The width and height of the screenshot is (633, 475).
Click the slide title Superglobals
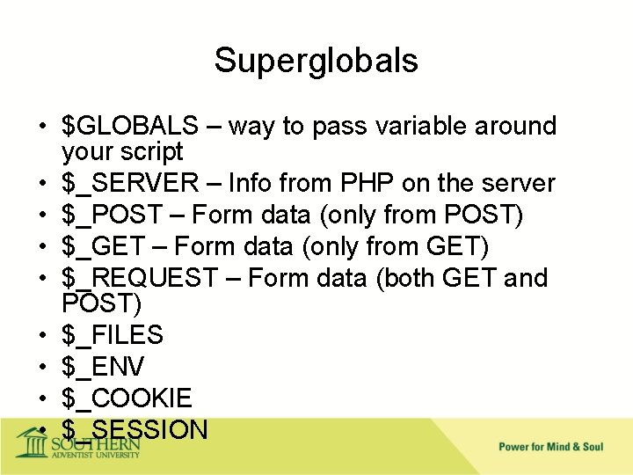[316, 61]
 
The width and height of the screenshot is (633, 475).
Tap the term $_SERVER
[130, 183]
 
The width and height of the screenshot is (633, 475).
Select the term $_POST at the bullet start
[113, 215]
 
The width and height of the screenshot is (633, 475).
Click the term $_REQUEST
[139, 278]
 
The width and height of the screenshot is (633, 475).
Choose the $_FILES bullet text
[113, 335]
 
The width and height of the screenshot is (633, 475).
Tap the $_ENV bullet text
[103, 367]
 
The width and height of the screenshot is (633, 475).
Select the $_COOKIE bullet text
[127, 398]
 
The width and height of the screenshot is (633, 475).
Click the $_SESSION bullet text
[135, 429]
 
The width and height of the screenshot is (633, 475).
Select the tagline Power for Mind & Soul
[550, 447]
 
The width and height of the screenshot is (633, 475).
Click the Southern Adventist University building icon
[33, 441]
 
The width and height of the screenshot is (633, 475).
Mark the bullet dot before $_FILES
[41, 336]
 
